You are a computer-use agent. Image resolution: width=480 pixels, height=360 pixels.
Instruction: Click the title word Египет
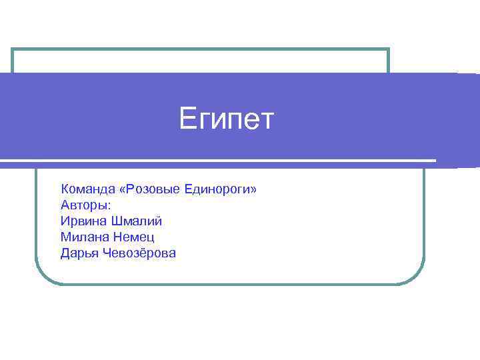pos(227,121)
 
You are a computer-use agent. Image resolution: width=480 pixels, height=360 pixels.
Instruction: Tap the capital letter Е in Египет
pos(187,120)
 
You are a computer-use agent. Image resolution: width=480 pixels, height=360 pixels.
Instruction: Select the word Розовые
pos(152,190)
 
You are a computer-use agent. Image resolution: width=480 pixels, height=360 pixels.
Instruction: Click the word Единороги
pos(217,190)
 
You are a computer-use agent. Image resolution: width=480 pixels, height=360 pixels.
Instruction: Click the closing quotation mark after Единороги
pos(253,191)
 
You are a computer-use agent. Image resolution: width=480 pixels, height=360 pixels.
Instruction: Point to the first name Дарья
pos(79,253)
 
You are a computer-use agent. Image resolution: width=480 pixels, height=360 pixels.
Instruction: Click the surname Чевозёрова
pos(139,253)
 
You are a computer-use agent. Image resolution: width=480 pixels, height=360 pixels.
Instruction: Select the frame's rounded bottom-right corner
pos(417,277)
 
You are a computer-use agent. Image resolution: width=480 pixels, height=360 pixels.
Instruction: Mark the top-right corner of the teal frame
pos(388,49)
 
